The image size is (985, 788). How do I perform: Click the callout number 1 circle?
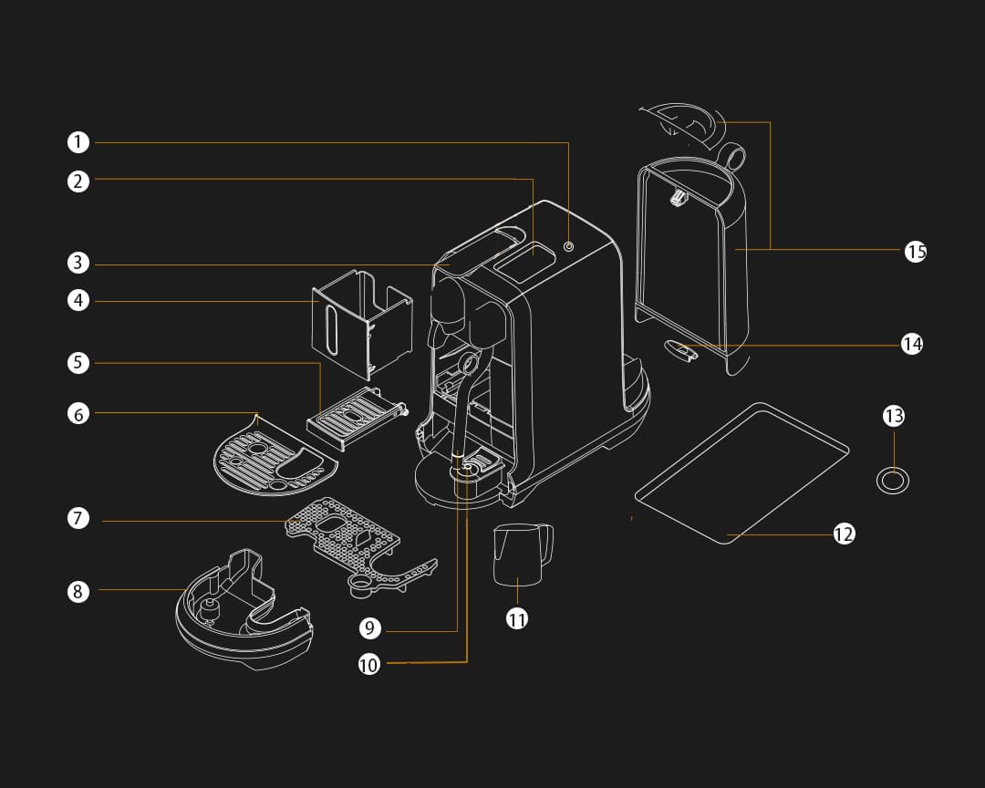pos(78,142)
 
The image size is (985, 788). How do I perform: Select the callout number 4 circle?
pos(78,300)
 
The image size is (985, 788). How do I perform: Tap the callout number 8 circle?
pos(78,591)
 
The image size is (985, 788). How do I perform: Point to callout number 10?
pos(368,664)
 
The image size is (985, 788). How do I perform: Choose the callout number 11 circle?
pos(517,618)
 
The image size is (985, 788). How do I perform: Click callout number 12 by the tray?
pos(844,534)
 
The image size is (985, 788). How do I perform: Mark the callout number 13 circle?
pos(894,416)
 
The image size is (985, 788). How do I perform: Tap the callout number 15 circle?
pos(916,251)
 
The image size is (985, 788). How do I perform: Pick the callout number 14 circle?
pos(912,344)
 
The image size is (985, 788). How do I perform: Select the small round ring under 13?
pos(893,479)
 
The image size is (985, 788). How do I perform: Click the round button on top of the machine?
pos(569,246)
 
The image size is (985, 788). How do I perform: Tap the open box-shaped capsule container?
pos(360,324)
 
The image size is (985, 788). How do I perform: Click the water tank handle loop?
pos(734,157)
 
